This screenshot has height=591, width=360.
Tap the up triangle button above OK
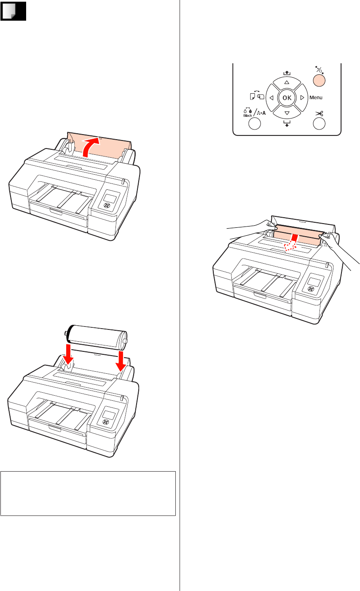[x=287, y=83]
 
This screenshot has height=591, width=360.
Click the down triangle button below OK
[x=287, y=113]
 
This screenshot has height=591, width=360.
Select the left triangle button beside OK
[x=271, y=98]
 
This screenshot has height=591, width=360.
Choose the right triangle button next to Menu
[x=302, y=98]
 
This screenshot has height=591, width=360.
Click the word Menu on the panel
[x=316, y=97]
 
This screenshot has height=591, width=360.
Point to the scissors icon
[x=319, y=114]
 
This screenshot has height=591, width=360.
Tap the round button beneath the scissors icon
[x=319, y=124]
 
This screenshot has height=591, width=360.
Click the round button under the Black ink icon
[x=255, y=124]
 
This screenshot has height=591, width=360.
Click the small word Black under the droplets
[x=247, y=116]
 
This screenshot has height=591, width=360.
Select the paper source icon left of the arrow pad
[x=257, y=95]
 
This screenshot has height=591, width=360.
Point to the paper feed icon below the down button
[x=287, y=123]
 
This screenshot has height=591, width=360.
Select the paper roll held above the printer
[x=97, y=338]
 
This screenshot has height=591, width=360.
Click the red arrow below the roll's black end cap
[x=68, y=353]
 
